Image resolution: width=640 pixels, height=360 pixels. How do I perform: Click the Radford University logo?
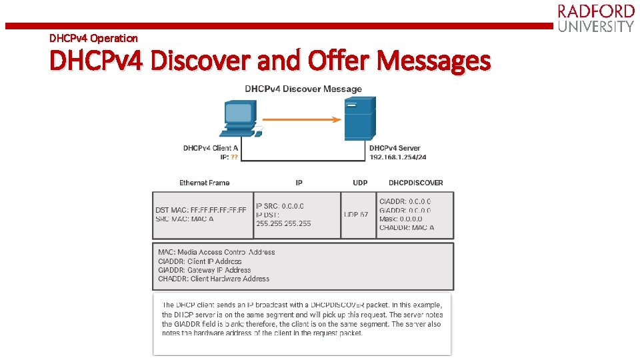[x=595, y=19]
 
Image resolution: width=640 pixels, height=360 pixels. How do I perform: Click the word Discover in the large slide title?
[x=205, y=61]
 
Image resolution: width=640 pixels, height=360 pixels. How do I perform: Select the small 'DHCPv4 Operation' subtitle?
[x=93, y=38]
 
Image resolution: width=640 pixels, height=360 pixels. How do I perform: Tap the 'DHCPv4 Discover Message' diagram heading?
[x=303, y=89]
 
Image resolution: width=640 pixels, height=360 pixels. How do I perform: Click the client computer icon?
[x=240, y=119]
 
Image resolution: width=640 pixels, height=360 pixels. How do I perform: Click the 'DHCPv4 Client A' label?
[x=211, y=148]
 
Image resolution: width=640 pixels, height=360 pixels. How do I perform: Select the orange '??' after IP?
[x=234, y=157]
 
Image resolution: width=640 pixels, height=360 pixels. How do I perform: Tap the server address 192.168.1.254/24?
[x=398, y=157]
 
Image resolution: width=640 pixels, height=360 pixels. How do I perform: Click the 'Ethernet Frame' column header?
[x=204, y=183]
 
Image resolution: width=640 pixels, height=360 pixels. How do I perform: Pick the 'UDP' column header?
[x=360, y=183]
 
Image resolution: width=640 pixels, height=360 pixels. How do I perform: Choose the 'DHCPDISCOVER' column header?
[x=416, y=183]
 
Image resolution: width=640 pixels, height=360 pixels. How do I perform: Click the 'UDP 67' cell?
[x=356, y=215]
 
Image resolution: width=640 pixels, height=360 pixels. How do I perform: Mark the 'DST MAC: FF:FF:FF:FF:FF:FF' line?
[x=201, y=210]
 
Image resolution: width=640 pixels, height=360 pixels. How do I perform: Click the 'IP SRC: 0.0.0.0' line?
[x=280, y=206]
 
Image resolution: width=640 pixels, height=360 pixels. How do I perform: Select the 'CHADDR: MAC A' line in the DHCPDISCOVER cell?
[x=407, y=227]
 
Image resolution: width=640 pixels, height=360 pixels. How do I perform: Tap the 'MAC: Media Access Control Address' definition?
[x=216, y=252]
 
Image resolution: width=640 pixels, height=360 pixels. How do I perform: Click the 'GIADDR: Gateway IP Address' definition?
[x=204, y=270]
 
